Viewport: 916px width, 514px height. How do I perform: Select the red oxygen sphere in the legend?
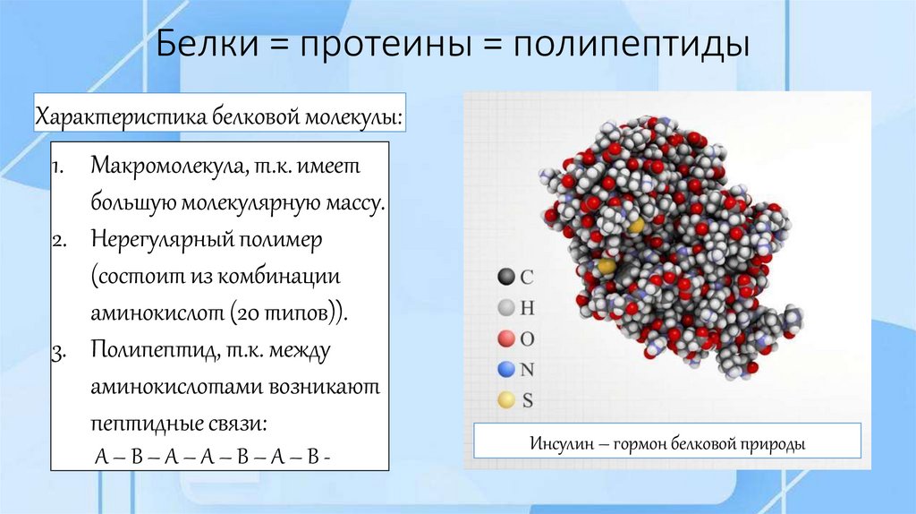[505, 338]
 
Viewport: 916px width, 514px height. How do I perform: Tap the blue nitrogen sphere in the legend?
[505, 369]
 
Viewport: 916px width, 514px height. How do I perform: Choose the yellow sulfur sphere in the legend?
[505, 400]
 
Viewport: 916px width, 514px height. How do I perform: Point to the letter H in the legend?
[528, 308]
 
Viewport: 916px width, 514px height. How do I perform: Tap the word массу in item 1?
[354, 204]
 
